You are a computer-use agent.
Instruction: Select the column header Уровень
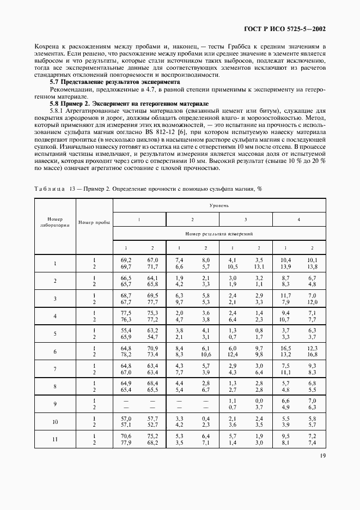coord(219,206)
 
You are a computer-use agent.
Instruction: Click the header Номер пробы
coord(94,222)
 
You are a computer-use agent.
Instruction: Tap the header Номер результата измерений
coord(219,233)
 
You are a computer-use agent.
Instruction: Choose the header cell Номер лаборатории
coord(55,222)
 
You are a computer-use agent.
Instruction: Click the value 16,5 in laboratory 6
coord(285,348)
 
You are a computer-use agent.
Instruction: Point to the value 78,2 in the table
coord(126,355)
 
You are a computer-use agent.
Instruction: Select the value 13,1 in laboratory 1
coord(259,267)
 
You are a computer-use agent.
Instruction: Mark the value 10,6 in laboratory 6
coord(205,355)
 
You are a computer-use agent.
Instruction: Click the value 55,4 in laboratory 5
coord(126,330)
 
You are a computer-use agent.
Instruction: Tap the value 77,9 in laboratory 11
coord(126,442)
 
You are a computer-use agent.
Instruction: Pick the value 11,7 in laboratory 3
coord(285,295)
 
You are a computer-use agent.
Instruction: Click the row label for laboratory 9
coord(55,404)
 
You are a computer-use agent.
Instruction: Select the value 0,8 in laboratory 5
coord(259,330)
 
